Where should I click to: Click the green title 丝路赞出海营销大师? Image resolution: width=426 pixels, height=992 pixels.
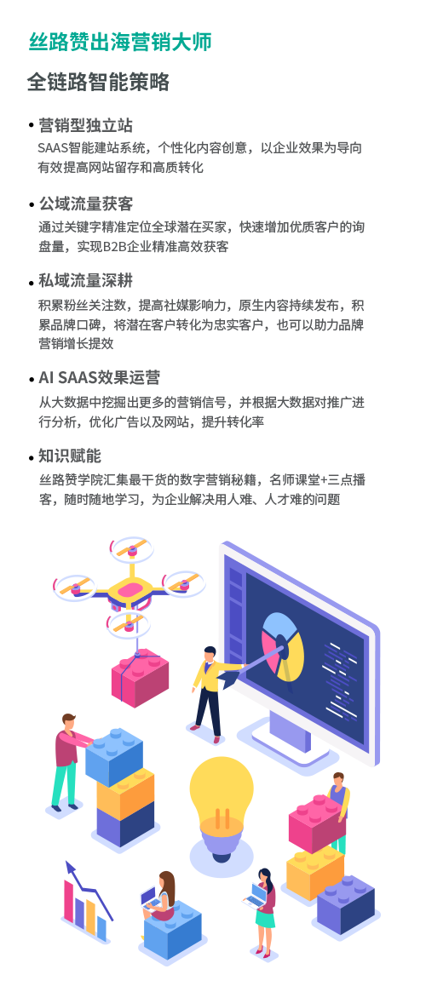[120, 42]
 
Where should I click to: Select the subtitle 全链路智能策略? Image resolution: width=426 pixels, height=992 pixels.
[98, 83]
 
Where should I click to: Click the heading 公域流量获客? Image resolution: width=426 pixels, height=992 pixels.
[85, 204]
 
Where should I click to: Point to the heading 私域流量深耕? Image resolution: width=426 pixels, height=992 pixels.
[85, 280]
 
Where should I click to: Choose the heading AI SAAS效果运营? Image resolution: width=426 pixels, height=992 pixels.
[100, 378]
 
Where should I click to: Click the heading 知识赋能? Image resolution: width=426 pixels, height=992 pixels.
[70, 456]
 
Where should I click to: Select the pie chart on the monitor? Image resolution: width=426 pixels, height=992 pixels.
[283, 646]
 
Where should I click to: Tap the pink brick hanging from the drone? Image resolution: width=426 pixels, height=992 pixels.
[140, 677]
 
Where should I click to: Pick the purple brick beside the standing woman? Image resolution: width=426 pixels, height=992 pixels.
[346, 904]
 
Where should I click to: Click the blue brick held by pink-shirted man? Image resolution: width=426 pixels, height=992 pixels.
[114, 757]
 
